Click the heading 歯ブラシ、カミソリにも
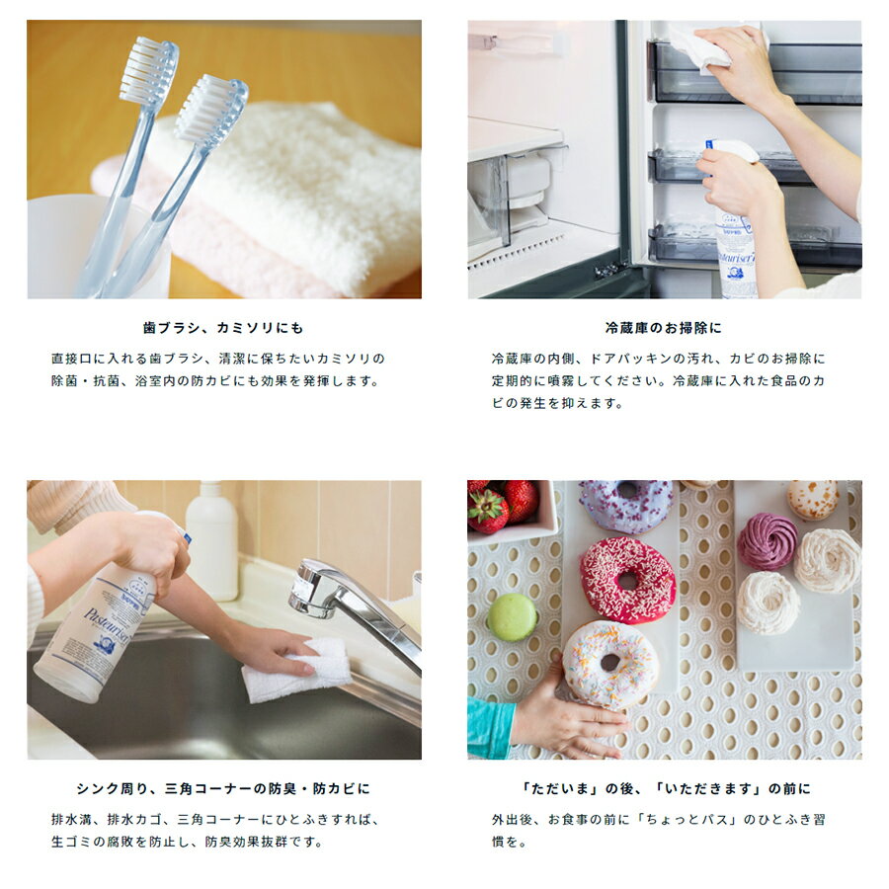(223, 328)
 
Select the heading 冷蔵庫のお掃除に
(664, 328)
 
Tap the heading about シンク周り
(223, 788)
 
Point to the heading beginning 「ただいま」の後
(665, 788)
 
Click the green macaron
(512, 617)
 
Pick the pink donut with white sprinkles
(627, 580)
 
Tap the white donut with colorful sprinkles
(610, 663)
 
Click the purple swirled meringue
(768, 541)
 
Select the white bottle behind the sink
(211, 540)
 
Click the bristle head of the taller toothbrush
(148, 71)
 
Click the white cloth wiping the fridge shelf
(702, 46)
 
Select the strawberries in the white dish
(503, 506)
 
